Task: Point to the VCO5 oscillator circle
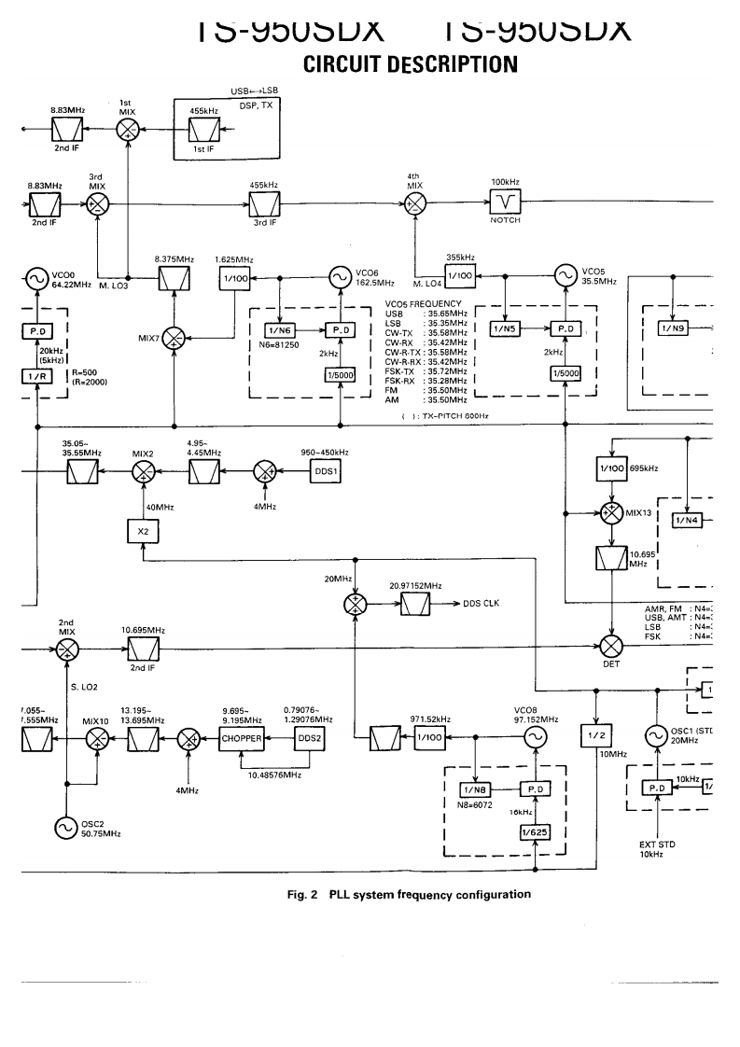click(565, 275)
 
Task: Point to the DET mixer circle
click(610, 645)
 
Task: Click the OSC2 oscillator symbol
click(66, 826)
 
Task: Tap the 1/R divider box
click(35, 374)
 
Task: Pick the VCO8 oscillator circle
click(535, 737)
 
